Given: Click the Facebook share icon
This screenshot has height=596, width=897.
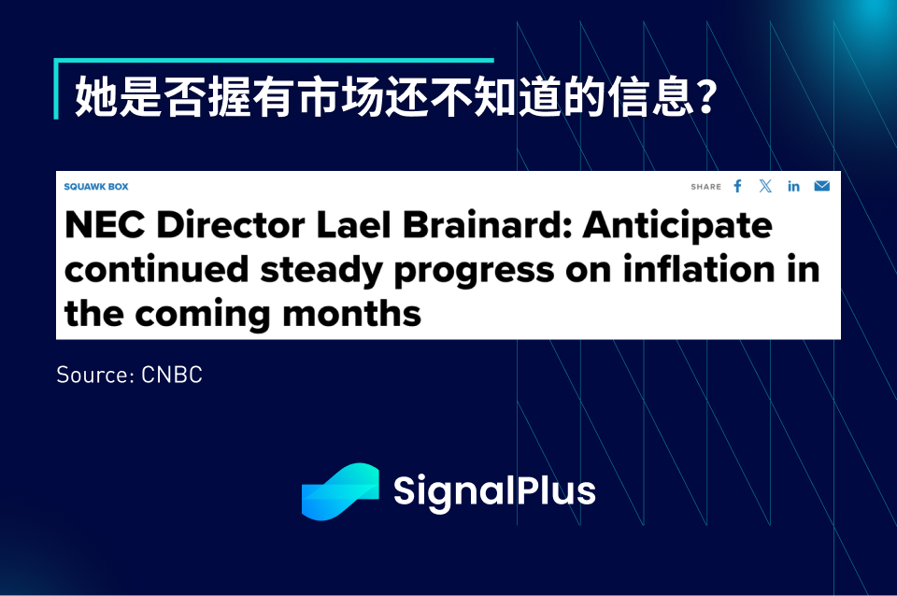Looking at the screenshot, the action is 737,186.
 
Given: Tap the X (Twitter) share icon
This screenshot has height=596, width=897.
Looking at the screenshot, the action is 765,186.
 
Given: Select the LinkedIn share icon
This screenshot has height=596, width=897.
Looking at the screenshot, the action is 793,186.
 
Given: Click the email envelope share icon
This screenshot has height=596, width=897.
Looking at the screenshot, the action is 822,186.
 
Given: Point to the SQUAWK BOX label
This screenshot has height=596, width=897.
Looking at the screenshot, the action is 96,187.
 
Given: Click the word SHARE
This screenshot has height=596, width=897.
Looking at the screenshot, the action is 706,187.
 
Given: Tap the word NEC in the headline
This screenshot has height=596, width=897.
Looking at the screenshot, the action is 105,224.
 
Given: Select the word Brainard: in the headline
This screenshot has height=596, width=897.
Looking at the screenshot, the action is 488,224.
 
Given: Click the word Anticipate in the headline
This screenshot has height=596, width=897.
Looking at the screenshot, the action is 677,225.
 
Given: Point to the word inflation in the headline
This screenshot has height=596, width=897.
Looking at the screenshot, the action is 699,269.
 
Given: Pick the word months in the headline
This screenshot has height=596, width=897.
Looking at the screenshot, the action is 352,314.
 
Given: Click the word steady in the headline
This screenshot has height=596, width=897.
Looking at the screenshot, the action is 321,271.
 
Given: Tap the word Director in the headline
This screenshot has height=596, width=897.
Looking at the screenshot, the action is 231,224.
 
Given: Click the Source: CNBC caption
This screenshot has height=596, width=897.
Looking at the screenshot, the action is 129,376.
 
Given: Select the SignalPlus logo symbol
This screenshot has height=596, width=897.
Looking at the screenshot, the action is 340,491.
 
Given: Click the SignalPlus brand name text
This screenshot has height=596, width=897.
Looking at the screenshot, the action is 494,491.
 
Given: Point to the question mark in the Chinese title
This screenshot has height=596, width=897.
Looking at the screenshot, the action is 707,96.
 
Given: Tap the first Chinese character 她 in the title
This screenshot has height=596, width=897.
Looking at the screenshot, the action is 96,96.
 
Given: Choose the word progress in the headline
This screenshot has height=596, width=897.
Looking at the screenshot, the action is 475,272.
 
